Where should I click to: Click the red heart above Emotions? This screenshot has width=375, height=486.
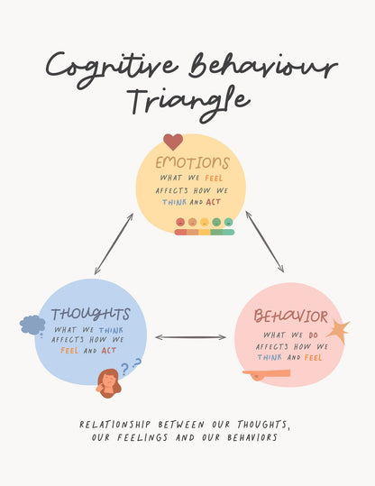coord(173,142)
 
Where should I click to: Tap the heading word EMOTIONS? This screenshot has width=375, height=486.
coord(192,162)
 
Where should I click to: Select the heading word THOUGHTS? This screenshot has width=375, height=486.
coord(90,314)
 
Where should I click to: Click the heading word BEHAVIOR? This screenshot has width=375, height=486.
coord(290,316)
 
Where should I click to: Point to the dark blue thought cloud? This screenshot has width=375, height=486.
coord(32,325)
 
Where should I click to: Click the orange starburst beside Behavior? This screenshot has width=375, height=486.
coord(339,332)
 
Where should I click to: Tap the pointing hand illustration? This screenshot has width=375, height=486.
coord(266,374)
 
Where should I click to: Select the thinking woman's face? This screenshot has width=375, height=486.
coord(108,383)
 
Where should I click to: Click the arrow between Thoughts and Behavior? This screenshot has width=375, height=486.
coord(190,337)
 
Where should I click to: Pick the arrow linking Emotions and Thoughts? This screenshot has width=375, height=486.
coord(114,244)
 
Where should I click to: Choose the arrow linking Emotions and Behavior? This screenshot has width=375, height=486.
coord(265,242)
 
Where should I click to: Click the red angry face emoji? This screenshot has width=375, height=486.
coord(180,222)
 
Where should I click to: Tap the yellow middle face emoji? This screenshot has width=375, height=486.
coord(205,222)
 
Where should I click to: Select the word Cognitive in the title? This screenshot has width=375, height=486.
coord(112,69)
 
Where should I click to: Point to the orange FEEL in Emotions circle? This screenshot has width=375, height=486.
coord(214,179)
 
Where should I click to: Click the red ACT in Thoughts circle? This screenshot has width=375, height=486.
coord(109,351)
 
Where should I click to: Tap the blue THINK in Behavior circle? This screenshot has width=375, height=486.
coord(270,357)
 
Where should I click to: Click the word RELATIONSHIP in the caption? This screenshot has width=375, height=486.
coord(115,425)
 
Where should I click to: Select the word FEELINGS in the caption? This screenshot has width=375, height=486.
coord(142,437)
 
